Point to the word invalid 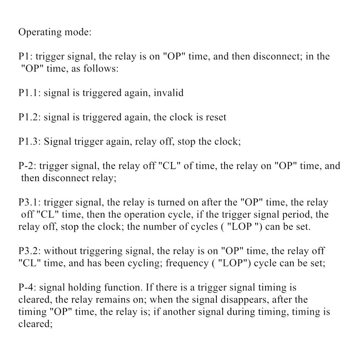coord(168,93)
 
